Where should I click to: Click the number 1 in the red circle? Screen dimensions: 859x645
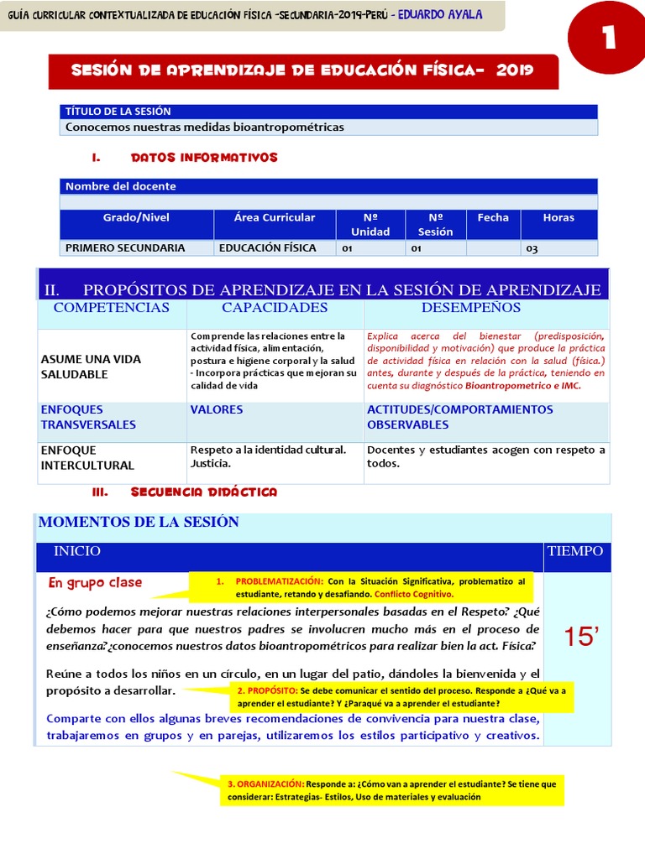pyautogui.click(x=608, y=40)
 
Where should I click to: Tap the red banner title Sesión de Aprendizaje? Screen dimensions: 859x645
pyautogui.click(x=302, y=70)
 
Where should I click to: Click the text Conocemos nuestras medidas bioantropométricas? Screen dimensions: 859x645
pyautogui.click(x=205, y=128)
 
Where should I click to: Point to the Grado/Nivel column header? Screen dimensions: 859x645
pyautogui.click(x=136, y=218)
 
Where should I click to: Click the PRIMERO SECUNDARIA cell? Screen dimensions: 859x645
pyautogui.click(x=125, y=248)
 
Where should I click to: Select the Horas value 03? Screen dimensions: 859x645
pyautogui.click(x=532, y=249)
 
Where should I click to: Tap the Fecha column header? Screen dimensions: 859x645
pyautogui.click(x=493, y=218)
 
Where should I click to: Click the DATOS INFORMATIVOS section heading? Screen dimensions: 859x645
pyautogui.click(x=204, y=158)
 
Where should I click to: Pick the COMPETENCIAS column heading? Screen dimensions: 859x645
pyautogui.click(x=112, y=308)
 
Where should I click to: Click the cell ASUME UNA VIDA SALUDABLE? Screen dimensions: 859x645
pyautogui.click(x=91, y=367)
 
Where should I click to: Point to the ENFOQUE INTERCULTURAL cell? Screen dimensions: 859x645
pyautogui.click(x=87, y=458)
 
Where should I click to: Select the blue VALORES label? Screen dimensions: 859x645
pyautogui.click(x=217, y=410)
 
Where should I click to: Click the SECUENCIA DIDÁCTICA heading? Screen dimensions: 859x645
pyautogui.click(x=204, y=492)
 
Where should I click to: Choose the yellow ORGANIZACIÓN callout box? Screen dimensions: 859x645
pyautogui.click(x=391, y=790)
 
